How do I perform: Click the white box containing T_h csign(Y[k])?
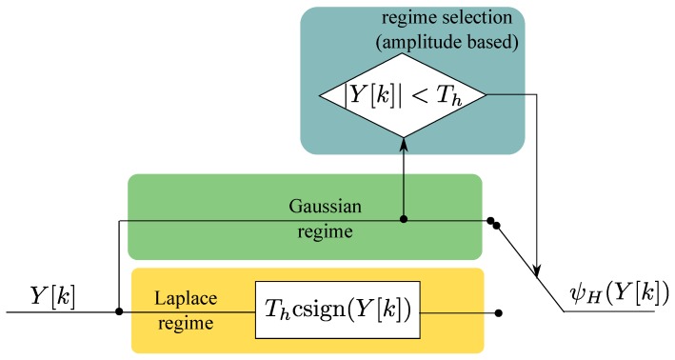point(338,311)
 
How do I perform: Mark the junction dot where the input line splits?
point(118,311)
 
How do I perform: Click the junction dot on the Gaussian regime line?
point(404,220)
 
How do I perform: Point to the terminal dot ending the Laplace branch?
point(499,311)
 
